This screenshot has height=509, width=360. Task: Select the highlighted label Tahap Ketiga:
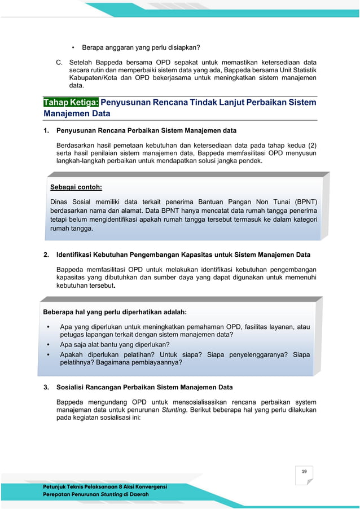click(x=71, y=102)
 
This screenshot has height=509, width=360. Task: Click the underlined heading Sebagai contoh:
click(x=76, y=187)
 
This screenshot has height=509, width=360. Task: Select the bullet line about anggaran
click(x=141, y=47)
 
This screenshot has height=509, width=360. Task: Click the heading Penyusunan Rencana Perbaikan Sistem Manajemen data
click(x=146, y=131)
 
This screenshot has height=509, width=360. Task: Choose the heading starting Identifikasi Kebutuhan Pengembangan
click(x=183, y=255)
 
